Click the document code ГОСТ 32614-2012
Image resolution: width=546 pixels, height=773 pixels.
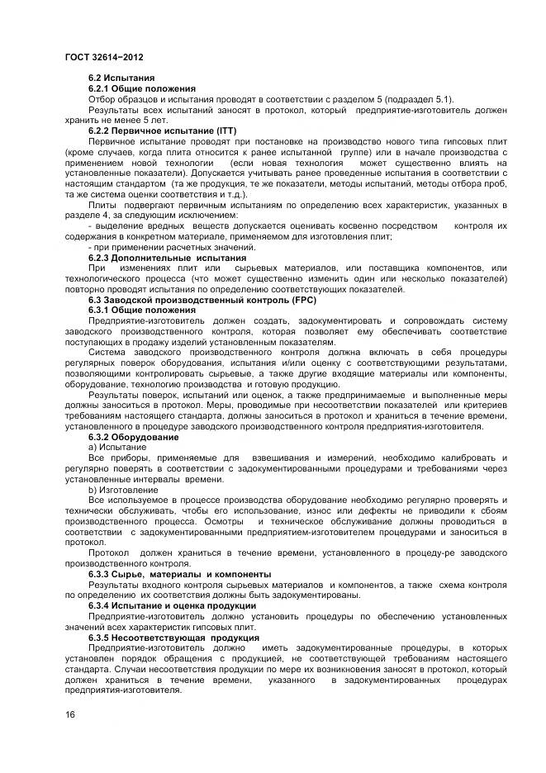pyautogui.click(x=99, y=57)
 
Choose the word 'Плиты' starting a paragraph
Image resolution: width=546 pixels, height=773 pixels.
pyautogui.click(x=102, y=205)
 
